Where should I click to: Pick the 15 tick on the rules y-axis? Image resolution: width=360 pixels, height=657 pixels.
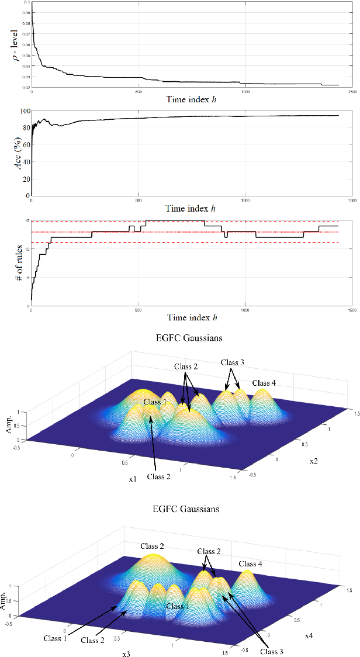[26, 220]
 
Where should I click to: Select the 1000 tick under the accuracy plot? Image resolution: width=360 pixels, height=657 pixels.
[245, 200]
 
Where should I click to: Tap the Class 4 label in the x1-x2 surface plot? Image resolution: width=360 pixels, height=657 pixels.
[265, 383]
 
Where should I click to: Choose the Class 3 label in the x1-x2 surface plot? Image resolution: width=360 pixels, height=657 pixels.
[233, 362]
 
